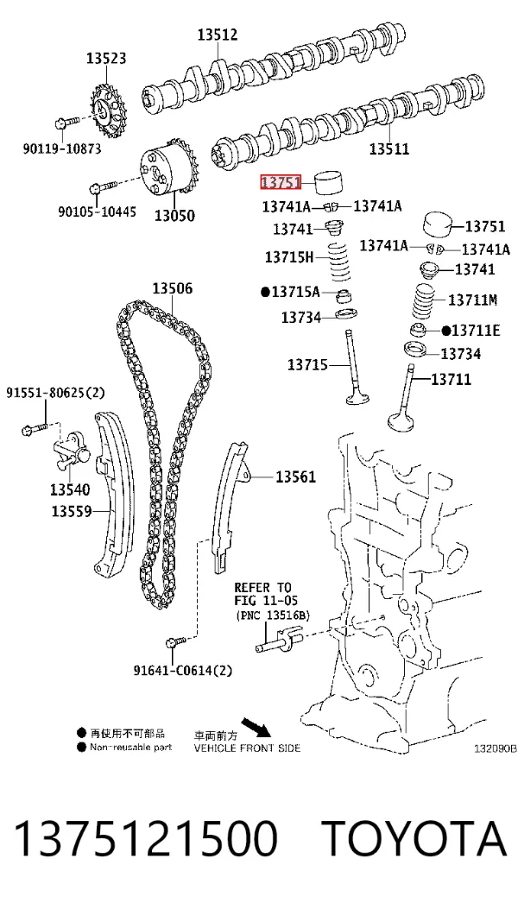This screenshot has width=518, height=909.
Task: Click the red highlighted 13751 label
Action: tap(281, 183)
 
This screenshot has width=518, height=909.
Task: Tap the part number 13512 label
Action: tap(218, 35)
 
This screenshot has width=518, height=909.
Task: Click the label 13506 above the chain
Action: tap(173, 288)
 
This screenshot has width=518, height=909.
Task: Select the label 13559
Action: tap(72, 511)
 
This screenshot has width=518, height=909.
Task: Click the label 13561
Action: tap(295, 477)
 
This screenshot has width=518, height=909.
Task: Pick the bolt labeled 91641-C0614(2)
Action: tap(176, 641)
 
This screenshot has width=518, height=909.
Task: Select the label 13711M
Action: tap(473, 300)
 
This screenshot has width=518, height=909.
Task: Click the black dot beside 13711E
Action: tap(446, 331)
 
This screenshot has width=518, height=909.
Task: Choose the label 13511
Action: tap(389, 149)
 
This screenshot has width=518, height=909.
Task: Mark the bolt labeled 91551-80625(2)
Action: tap(35, 428)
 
